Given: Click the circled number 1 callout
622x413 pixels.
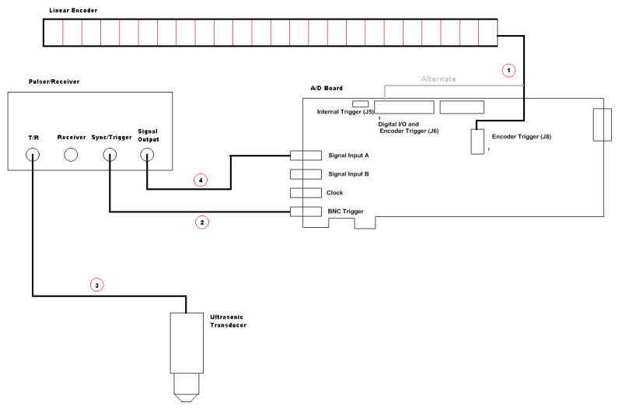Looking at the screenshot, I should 508,70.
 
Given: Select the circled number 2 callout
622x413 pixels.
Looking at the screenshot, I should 202,222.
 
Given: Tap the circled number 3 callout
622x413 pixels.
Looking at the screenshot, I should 96,285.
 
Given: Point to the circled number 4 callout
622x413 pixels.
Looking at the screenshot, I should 201,180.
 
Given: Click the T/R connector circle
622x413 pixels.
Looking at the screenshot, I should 33,154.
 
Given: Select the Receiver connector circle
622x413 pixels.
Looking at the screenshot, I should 71,154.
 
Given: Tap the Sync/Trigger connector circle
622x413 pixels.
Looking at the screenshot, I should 110,154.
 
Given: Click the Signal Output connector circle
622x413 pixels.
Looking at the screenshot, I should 147,154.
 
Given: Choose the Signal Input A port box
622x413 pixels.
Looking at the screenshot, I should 306,156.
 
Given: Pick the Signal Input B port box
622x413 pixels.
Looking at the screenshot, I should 306,174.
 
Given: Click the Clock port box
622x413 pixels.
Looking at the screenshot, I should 306,193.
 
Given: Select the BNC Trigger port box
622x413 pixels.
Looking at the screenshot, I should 306,212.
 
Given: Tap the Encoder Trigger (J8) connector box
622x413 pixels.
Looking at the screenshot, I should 477,142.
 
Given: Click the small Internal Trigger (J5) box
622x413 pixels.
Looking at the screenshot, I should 361,103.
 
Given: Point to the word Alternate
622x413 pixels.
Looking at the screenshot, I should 439,79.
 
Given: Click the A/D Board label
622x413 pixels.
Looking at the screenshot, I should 327,89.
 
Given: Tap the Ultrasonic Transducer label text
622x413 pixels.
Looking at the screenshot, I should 228,320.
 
